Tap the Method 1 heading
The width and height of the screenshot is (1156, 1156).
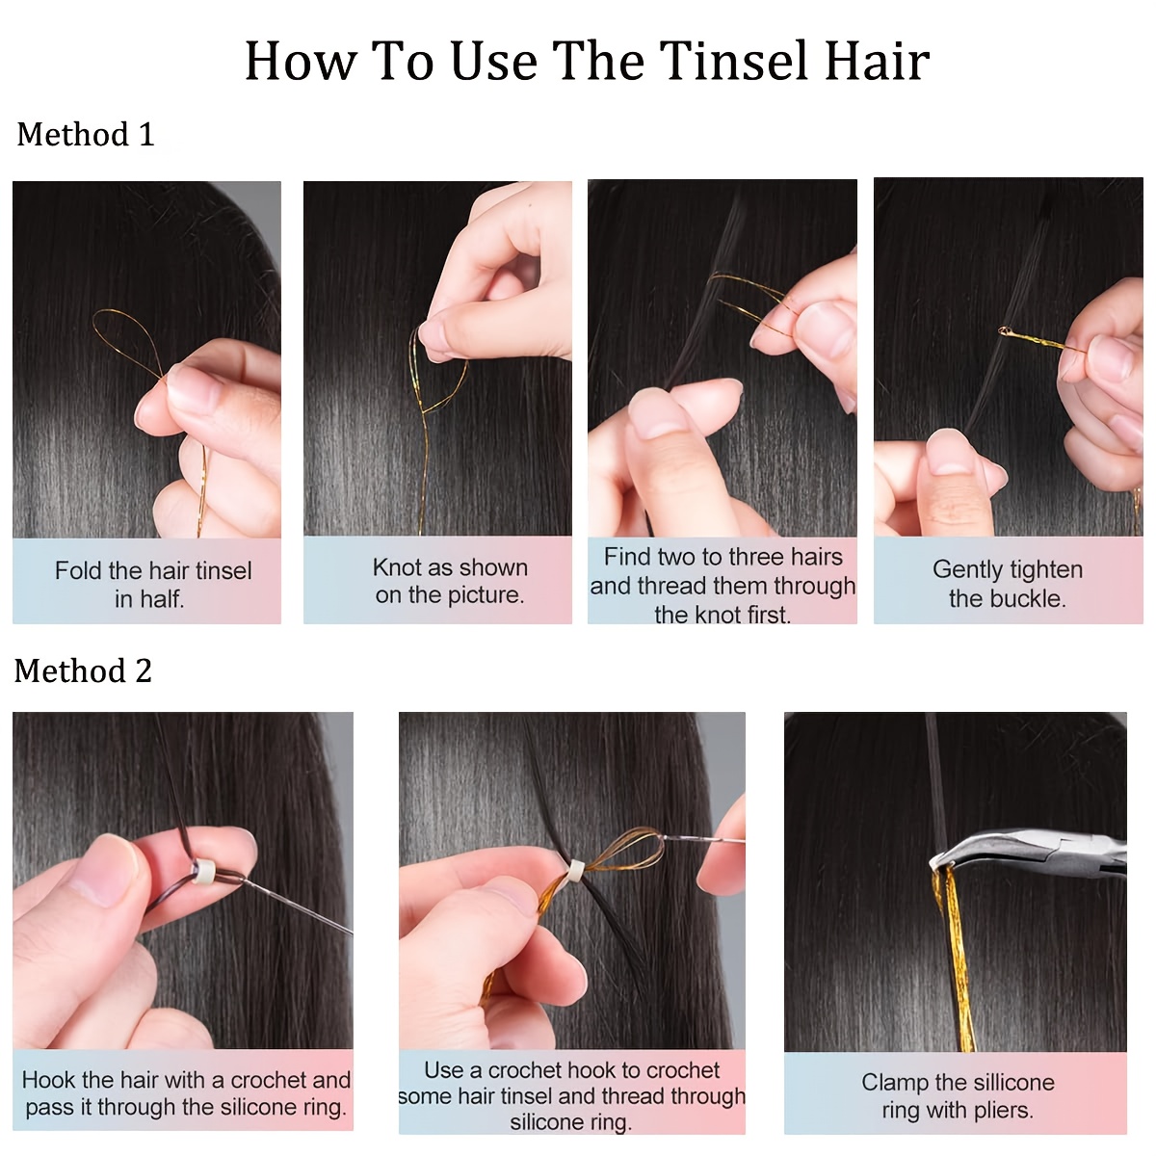coord(85,135)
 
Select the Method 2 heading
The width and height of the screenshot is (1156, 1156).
coord(83,671)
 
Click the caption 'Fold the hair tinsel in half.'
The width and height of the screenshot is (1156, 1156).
coord(151,584)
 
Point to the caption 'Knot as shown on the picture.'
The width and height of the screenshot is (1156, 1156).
coord(450,581)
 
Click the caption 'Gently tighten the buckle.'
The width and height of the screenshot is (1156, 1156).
coord(1007,584)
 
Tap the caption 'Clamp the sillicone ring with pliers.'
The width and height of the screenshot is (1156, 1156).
coord(957,1096)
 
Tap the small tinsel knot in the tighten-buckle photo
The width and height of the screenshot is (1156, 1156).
coord(1007,332)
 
